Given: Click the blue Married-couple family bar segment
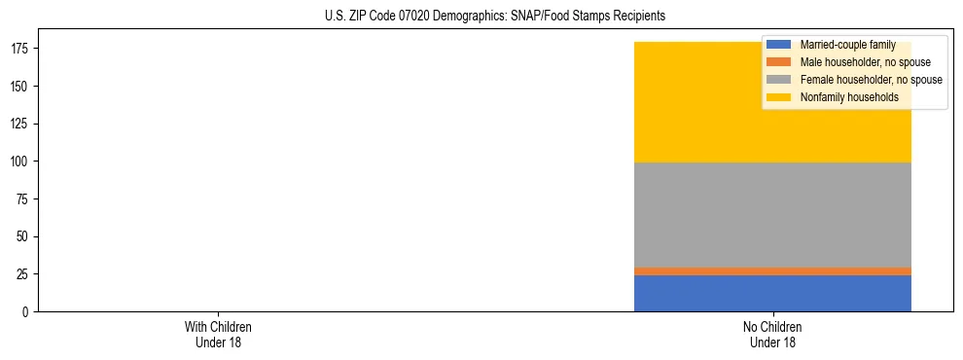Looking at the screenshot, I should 772,293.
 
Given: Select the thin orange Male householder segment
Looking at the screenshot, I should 772,271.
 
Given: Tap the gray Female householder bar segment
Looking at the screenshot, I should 772,214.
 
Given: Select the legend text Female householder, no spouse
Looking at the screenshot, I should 872,80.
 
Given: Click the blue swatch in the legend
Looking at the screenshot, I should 778,45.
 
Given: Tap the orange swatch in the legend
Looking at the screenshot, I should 778,62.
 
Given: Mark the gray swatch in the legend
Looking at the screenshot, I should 778,80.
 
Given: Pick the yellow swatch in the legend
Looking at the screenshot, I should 778,97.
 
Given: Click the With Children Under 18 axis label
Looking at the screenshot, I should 218,334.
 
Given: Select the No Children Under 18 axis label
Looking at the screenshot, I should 772,334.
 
